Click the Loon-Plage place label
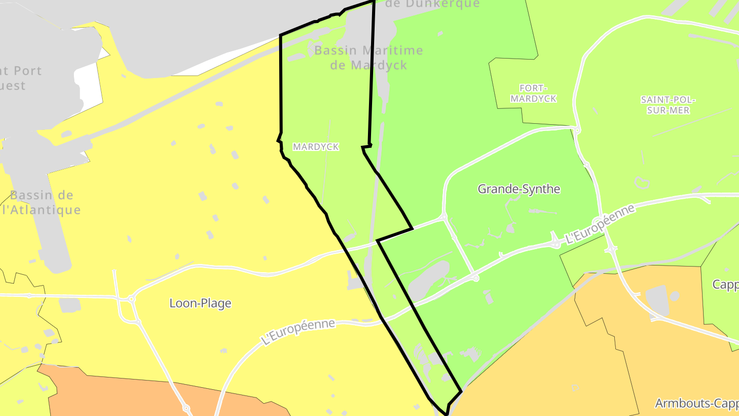click(200, 303)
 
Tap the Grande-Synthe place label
click(519, 189)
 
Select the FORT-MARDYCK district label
click(533, 93)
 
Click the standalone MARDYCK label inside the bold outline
click(316, 147)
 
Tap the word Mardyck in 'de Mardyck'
click(379, 65)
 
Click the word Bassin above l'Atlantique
click(42, 195)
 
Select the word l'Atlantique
click(41, 210)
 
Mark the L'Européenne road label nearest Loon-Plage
click(298, 332)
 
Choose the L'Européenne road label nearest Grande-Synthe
click(599, 224)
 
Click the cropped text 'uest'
click(12, 85)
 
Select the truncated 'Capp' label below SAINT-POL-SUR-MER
click(725, 285)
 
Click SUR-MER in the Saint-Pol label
click(668, 110)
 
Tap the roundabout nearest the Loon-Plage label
click(131, 298)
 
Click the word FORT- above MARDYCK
click(533, 88)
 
